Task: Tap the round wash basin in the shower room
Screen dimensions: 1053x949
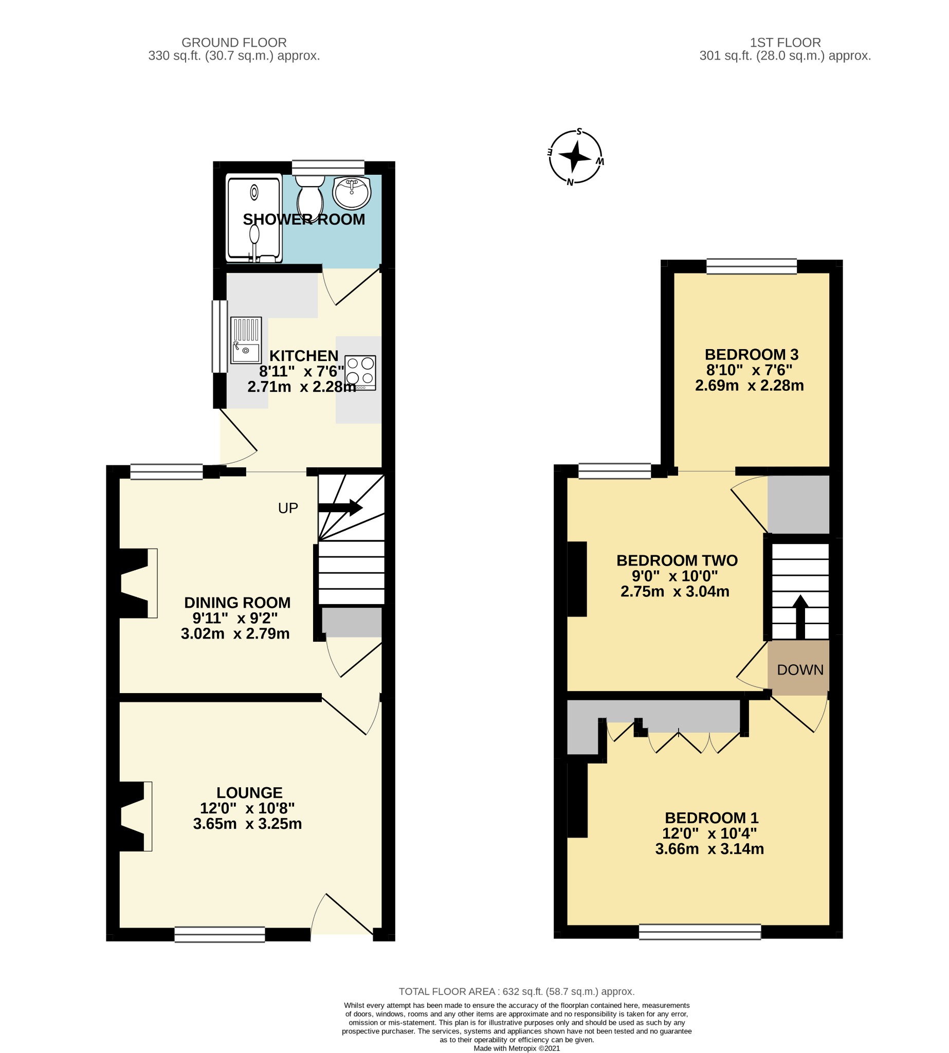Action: (x=352, y=192)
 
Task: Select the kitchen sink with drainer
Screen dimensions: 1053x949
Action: (x=246, y=340)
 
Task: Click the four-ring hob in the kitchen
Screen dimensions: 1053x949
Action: (x=360, y=372)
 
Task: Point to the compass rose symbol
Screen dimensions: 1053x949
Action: (x=576, y=156)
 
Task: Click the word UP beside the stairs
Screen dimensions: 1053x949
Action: (x=288, y=508)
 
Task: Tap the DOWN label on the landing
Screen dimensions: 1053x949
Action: (x=800, y=669)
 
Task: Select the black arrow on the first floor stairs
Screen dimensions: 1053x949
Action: (x=800, y=616)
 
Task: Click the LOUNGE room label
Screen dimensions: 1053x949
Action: (x=249, y=792)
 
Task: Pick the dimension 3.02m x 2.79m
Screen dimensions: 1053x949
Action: (x=235, y=633)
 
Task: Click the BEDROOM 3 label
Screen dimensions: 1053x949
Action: (x=752, y=355)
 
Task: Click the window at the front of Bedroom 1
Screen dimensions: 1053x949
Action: (x=699, y=932)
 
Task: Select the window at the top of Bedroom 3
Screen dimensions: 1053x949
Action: (x=752, y=266)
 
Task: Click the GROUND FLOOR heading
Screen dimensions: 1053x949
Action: (x=233, y=43)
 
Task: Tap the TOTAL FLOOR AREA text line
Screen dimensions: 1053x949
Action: (x=516, y=991)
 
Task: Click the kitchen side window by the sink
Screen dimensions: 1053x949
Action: (x=220, y=336)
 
